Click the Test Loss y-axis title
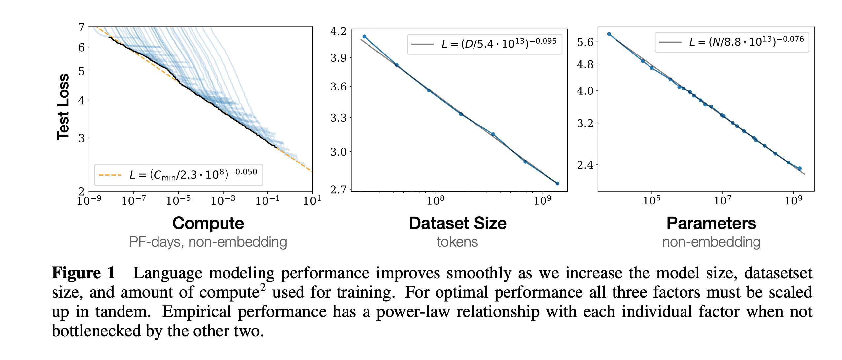(63, 107)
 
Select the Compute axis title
(208, 223)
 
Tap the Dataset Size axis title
(457, 223)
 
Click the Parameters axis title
(711, 223)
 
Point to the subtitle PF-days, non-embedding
(208, 242)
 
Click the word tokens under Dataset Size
(457, 242)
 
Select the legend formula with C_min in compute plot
(193, 175)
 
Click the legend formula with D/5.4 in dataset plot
(499, 44)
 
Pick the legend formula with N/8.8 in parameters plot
(746, 42)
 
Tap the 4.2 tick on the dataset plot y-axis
(338, 32)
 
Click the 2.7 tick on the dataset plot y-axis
(338, 190)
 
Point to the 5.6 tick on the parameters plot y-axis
(585, 42)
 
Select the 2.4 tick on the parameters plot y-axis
(585, 165)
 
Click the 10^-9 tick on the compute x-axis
(89, 200)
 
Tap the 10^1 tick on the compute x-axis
(312, 200)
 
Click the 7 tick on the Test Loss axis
(82, 27)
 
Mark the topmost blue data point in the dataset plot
(364, 37)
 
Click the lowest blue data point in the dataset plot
(557, 183)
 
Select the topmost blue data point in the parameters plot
(609, 34)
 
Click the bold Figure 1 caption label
(84, 273)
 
